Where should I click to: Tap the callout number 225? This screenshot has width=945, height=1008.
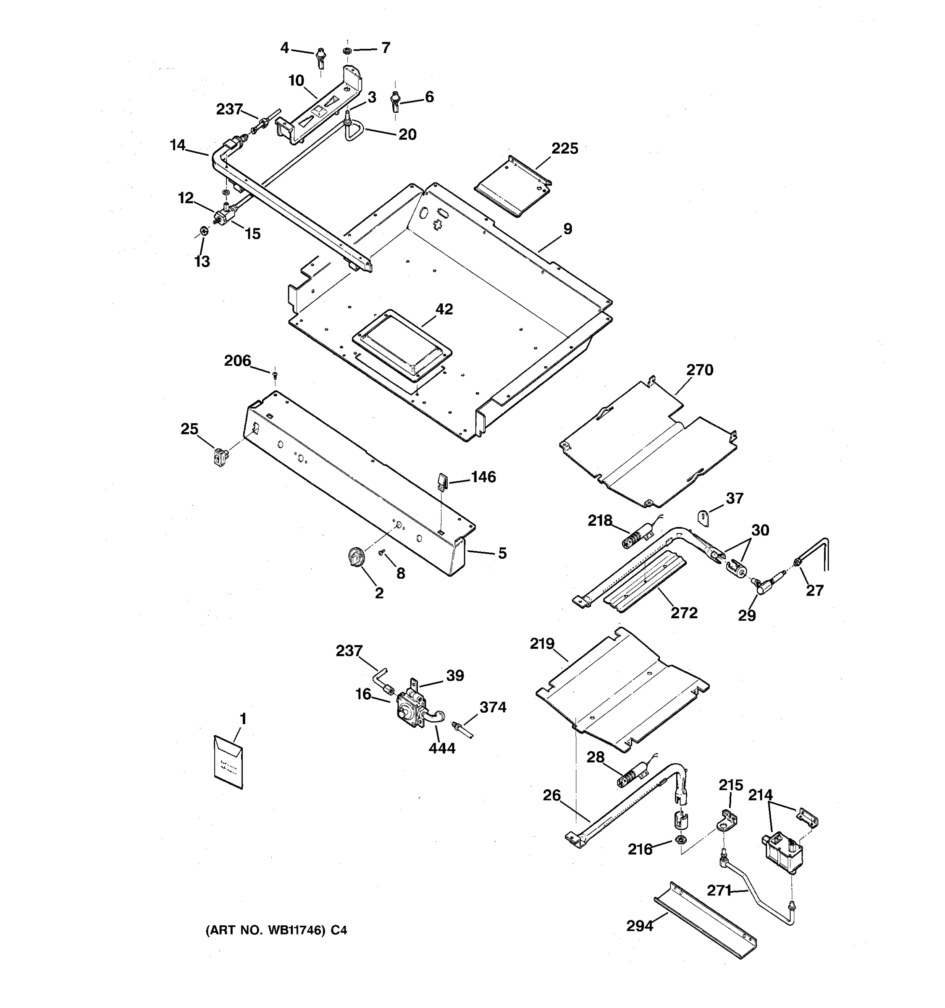coord(564,149)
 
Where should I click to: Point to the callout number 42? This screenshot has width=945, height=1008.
coord(444,309)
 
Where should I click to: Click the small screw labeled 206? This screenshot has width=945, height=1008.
coord(275,375)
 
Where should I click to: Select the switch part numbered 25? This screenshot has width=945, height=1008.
coord(220,457)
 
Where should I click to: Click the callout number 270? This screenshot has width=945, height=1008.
coord(700,370)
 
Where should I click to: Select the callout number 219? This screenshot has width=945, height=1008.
coord(542,643)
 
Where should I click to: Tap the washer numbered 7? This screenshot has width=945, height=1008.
coord(348,51)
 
